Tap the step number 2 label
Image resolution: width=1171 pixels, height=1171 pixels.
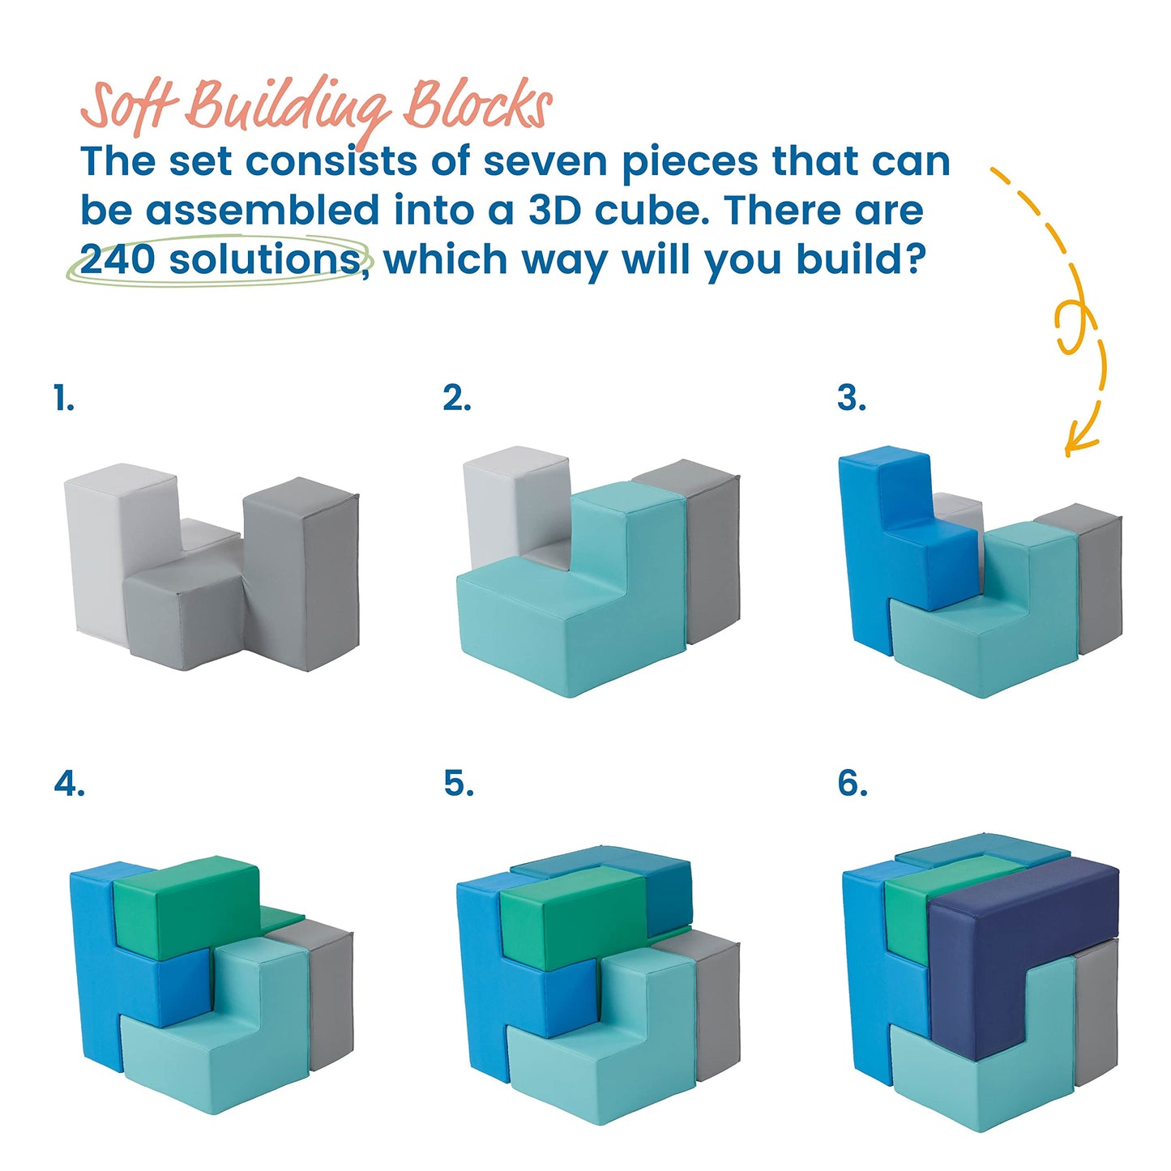point(456,398)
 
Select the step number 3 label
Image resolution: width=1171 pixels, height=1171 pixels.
point(851,398)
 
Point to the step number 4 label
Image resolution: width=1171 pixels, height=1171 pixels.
point(69,784)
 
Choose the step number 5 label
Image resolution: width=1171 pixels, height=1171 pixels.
point(459,784)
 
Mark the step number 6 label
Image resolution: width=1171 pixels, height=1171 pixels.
point(853,784)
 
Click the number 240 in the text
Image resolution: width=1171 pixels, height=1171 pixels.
point(118,259)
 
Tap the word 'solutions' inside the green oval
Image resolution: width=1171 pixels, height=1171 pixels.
point(265,259)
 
